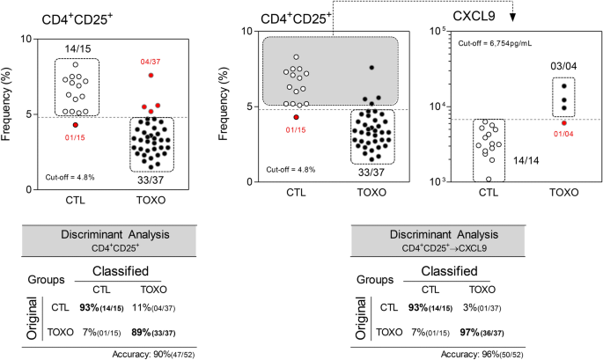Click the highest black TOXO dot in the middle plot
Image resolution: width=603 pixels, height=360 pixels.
(x=372, y=67)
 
